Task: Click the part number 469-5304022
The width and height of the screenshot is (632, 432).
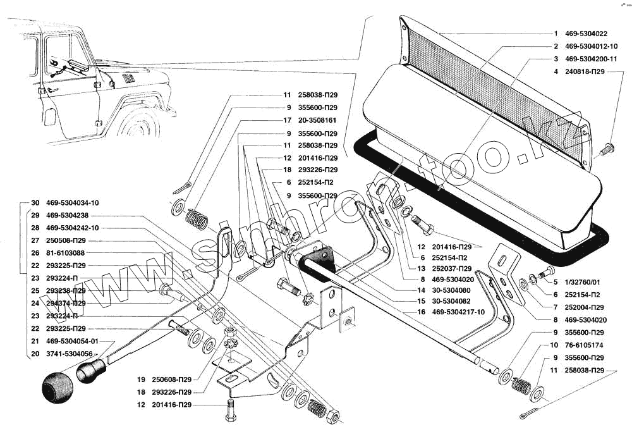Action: click(586, 34)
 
